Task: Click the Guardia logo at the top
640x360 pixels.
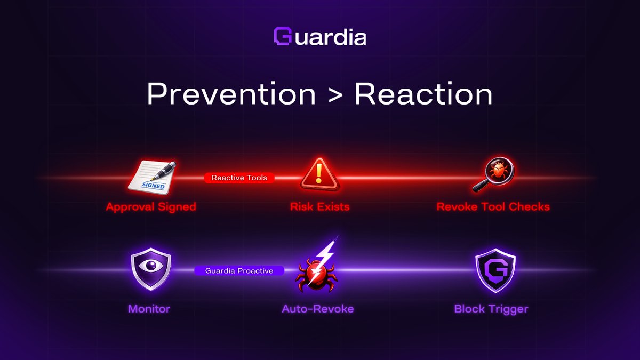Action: coord(319,37)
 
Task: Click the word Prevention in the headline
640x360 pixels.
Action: coord(231,94)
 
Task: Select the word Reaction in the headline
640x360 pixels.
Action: coord(423,94)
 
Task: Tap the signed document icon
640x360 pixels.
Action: coord(151,177)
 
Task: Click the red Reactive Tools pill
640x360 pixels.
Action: coord(239,178)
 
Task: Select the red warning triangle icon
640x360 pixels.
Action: coord(320,174)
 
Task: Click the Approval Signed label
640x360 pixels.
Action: coord(151,207)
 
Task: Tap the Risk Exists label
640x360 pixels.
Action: coord(319,207)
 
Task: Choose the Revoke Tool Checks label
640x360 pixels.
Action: coord(493,207)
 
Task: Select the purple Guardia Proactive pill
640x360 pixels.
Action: coord(239,271)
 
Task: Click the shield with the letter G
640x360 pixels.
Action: coord(495,270)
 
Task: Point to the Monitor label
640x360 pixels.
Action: coord(149,309)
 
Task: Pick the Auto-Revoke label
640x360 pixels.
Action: coord(318,309)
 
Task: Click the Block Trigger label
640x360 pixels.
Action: coord(491,309)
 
